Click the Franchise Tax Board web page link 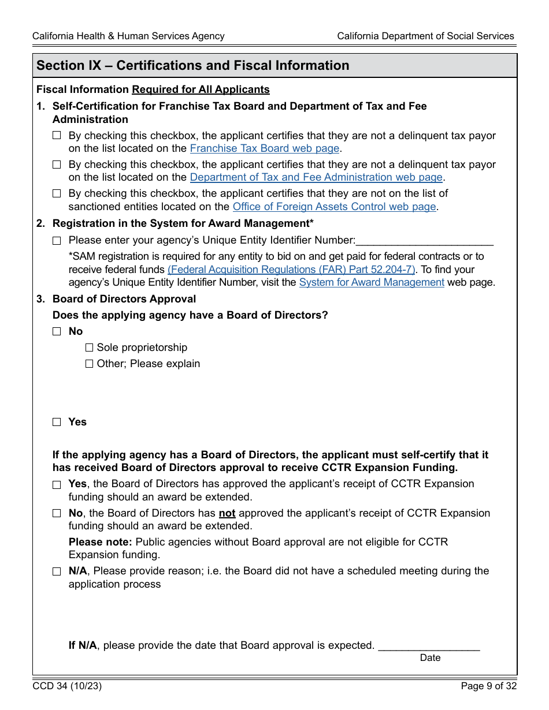[264, 148]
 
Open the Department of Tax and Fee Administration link [316, 177]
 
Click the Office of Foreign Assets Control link [333, 207]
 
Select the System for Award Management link [371, 282]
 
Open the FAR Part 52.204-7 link [291, 270]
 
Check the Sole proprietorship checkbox [89, 347]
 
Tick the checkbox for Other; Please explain [89, 364]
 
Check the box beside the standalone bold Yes [57, 422]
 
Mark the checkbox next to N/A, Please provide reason [57, 571]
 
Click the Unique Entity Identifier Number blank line [425, 241]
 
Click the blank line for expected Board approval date [429, 647]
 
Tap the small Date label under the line [430, 658]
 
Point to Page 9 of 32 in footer [488, 686]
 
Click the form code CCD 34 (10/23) [68, 686]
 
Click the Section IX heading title [193, 66]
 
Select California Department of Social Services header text [425, 36]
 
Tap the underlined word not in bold [227, 513]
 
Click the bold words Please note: [100, 542]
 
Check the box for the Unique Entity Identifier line [57, 241]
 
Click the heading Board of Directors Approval [124, 299]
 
